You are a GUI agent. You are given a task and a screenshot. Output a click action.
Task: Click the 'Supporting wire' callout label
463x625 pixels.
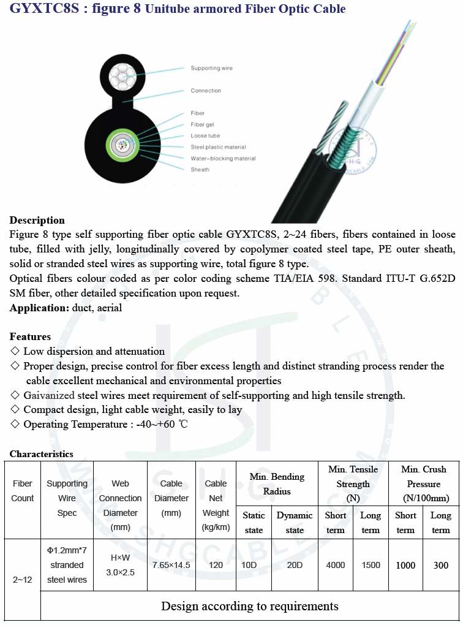[x=211, y=68]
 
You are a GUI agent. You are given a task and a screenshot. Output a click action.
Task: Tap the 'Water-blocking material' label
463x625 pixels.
[x=223, y=158]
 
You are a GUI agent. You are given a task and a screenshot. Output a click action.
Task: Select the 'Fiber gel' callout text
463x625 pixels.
[x=206, y=124]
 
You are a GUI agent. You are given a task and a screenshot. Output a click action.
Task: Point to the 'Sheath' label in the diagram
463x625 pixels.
[x=200, y=170]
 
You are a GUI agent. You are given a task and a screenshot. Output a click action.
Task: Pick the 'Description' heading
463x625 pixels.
[x=37, y=221]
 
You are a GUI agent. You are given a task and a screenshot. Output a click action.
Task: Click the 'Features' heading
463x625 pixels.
[x=30, y=336]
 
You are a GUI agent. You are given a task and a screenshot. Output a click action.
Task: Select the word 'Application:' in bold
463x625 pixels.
[x=39, y=308]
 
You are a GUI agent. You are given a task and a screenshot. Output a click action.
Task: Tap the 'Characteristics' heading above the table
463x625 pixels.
[x=41, y=454]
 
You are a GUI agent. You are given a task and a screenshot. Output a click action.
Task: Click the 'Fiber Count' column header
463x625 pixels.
[x=23, y=491]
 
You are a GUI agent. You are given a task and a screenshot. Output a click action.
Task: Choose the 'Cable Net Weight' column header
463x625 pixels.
[x=216, y=506]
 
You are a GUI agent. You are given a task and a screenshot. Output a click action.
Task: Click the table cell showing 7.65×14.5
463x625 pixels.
[x=171, y=565]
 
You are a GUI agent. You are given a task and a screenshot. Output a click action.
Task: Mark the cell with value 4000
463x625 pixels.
[x=336, y=565]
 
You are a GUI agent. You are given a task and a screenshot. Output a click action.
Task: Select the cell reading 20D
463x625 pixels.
[x=295, y=565]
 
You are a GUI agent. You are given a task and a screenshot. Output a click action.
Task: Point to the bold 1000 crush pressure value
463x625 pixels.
[x=405, y=565]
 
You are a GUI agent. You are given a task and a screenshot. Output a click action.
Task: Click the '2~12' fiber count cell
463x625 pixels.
[x=23, y=579]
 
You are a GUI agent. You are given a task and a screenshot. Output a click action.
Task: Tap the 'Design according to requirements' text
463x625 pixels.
[x=250, y=606]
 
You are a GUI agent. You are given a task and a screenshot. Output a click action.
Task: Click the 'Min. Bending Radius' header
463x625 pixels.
[x=277, y=483]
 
